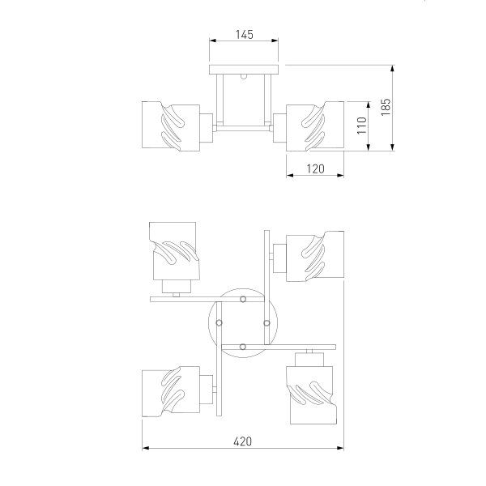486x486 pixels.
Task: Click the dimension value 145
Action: [244, 34]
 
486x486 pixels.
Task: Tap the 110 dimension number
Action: [362, 126]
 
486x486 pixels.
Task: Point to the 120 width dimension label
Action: [315, 168]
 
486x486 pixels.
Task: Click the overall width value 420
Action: [243, 441]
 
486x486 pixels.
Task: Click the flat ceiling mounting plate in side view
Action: [244, 68]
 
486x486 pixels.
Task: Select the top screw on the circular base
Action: [243, 301]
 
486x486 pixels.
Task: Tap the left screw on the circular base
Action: [220, 322]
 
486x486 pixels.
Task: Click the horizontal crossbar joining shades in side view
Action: [244, 128]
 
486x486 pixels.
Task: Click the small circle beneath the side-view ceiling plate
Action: [244, 79]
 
